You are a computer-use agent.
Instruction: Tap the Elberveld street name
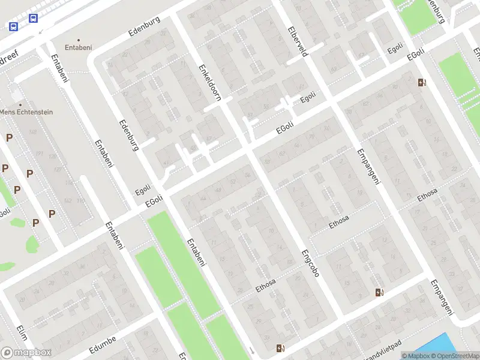[298, 41]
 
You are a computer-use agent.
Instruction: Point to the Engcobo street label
[310, 263]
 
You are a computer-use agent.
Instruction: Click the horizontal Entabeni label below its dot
[78, 47]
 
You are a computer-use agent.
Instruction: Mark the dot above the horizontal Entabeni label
[78, 40]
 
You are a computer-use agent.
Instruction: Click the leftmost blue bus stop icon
[13, 26]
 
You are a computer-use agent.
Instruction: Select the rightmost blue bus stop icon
[32, 19]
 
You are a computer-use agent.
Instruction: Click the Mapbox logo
[26, 353]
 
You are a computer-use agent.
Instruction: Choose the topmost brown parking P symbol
[9, 138]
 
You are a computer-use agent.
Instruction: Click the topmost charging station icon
[422, 83]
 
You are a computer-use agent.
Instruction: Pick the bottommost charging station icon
[280, 348]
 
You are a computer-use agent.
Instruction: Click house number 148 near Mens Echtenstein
[32, 132]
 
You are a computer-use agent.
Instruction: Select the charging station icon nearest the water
[379, 292]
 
